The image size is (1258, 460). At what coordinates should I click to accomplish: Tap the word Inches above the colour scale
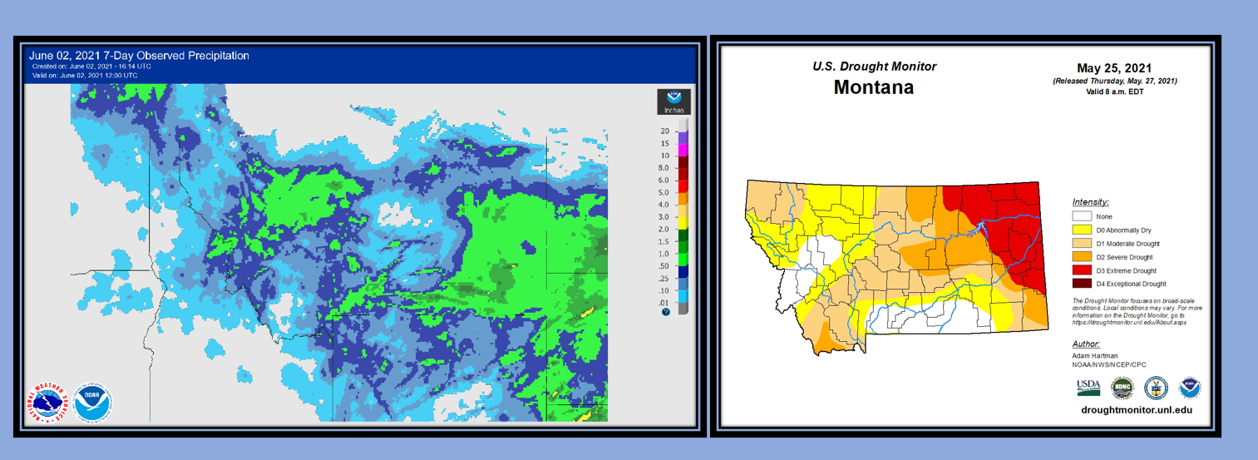[x=673, y=110]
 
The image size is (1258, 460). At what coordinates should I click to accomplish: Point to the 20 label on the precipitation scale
[x=664, y=131]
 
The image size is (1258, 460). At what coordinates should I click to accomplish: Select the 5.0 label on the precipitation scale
[x=664, y=192]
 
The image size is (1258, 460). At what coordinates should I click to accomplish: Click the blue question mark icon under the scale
[x=665, y=311]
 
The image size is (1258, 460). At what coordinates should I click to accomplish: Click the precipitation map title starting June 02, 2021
[x=139, y=56]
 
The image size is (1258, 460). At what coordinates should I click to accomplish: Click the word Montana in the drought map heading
[x=874, y=87]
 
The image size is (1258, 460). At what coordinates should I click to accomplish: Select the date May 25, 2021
[x=1114, y=68]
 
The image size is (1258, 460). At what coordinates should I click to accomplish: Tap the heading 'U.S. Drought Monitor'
[x=874, y=67]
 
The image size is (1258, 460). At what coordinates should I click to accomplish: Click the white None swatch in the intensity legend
[x=1082, y=216]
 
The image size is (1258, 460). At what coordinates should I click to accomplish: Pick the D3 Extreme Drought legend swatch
[x=1082, y=270]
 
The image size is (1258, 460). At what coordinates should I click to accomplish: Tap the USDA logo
[x=1088, y=387]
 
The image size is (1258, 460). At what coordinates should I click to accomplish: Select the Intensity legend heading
[x=1090, y=202]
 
